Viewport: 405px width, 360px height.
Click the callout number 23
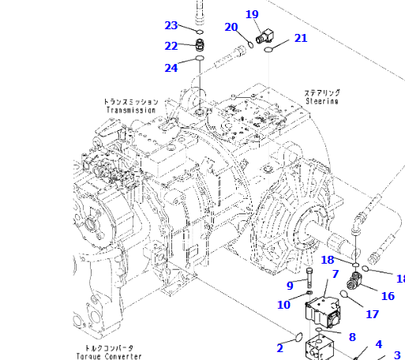tap(171, 25)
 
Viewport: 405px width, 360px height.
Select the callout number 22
tap(171, 46)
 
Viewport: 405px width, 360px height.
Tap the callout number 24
tap(171, 68)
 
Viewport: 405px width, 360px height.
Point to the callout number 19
tap(252, 14)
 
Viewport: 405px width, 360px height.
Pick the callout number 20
tap(231, 27)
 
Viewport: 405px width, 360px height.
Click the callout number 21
tap(301, 38)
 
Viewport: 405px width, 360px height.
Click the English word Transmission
tap(131, 110)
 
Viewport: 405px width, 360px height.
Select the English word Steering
tap(322, 101)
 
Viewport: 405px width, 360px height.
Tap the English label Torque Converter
tap(109, 356)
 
